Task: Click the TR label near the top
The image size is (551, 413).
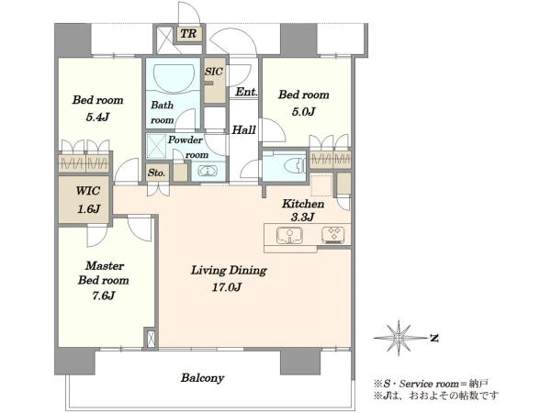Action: (188, 34)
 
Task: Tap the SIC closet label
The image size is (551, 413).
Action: (214, 72)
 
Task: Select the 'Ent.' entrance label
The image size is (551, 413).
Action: (246, 92)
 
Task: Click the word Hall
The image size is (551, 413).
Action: (243, 130)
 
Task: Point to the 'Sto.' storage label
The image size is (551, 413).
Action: (156, 173)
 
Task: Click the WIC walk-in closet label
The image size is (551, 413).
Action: (88, 191)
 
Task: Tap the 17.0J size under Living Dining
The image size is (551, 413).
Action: (227, 287)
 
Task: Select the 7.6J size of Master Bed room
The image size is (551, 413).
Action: (103, 296)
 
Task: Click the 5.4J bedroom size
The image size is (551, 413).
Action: (97, 117)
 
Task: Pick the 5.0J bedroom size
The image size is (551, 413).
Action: (304, 112)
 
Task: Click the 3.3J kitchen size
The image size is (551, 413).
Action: (302, 218)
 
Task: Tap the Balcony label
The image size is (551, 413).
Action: (202, 378)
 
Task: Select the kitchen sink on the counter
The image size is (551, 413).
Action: (289, 235)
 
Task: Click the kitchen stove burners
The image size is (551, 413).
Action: (332, 235)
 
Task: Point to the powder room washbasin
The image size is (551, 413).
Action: (208, 172)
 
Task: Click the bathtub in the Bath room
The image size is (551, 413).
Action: (174, 74)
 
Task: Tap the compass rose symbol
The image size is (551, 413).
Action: (399, 338)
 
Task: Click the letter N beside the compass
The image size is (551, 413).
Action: (434, 338)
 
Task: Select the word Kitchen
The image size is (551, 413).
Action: (303, 204)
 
